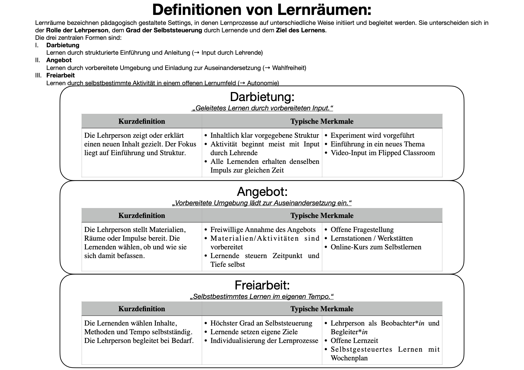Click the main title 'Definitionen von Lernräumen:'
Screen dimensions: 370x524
click(262, 10)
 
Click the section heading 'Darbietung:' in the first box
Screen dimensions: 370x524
click(262, 97)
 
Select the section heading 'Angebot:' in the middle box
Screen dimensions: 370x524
click(262, 192)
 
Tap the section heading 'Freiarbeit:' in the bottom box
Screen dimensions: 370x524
click(262, 285)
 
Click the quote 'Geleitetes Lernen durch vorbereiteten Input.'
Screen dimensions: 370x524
click(262, 108)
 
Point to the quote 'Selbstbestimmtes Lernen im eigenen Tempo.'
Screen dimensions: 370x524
click(262, 297)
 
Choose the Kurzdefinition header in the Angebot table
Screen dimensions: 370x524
click(142, 215)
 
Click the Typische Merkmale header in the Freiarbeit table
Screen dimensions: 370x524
click(322, 309)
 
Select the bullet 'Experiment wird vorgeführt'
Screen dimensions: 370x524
click(372, 136)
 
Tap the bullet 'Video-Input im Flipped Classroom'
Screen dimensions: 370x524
click(382, 153)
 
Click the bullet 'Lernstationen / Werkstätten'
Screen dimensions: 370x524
click(372, 238)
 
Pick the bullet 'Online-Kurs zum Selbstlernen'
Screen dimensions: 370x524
click(376, 247)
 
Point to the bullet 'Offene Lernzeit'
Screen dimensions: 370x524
click(354, 340)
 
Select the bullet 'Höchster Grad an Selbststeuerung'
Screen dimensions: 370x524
click(261, 323)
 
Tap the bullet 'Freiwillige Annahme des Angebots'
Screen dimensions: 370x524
click(263, 230)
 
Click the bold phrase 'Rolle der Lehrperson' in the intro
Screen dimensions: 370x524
click(77, 30)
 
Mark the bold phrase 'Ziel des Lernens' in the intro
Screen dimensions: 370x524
click(300, 30)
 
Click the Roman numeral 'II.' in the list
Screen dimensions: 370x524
click(38, 60)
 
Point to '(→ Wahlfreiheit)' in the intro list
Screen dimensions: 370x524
click(284, 68)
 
